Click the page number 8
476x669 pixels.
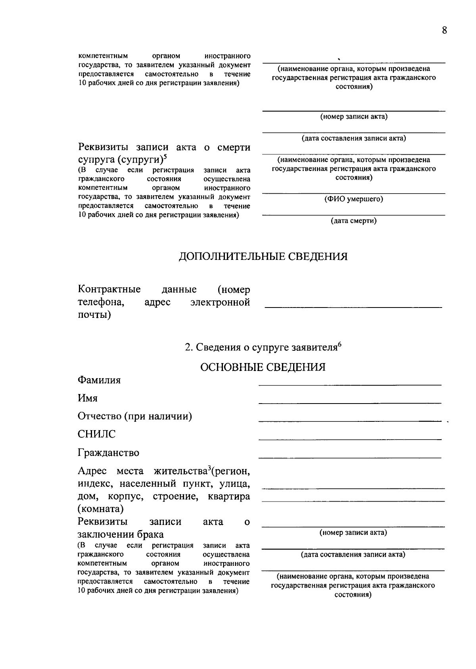tap(444, 31)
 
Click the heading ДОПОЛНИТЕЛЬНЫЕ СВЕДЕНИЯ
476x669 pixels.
tap(263, 256)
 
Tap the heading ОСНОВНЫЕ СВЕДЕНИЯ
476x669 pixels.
tap(263, 367)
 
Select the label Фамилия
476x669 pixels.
tap(99, 380)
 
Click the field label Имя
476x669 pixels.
tap(88, 398)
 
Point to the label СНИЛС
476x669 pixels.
tap(97, 434)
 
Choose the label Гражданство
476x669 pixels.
tap(108, 453)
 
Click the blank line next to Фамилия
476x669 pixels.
tap(350, 384)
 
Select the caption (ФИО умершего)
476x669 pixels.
tap(354, 199)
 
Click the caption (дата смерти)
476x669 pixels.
tap(354, 221)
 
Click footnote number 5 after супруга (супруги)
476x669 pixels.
tap(165, 157)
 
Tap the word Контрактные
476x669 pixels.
tap(109, 289)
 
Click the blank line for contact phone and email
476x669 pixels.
tap(353, 307)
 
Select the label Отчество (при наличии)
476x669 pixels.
tap(135, 416)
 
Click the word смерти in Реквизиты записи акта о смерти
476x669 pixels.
tap(234, 148)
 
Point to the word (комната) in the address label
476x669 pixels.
tap(101, 509)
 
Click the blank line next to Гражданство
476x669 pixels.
tap(350, 457)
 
